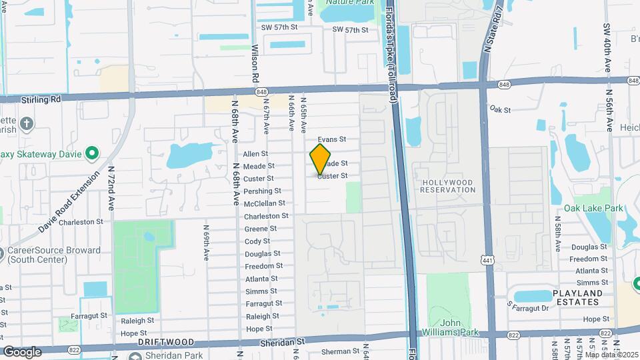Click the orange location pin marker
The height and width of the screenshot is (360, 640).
(x=321, y=159)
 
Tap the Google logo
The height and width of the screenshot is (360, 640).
(x=22, y=351)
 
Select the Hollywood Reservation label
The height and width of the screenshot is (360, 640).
(x=448, y=186)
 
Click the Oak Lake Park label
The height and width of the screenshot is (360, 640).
(x=593, y=209)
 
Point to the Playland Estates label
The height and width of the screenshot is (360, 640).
(x=578, y=297)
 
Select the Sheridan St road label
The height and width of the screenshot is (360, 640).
(x=281, y=341)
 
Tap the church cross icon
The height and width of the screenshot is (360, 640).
(x=26, y=124)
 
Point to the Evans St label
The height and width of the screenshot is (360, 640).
(x=332, y=139)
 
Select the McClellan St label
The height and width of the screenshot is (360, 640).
(x=265, y=203)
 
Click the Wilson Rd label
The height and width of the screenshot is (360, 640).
(x=255, y=64)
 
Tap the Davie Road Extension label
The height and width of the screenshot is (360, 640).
(x=69, y=201)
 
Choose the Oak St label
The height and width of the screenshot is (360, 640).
(x=499, y=109)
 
